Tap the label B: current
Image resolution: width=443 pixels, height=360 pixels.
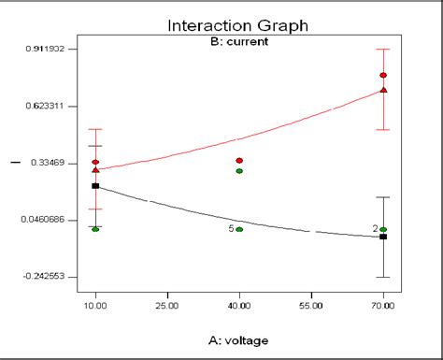coord(239,42)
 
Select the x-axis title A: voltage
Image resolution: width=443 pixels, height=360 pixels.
coord(239,339)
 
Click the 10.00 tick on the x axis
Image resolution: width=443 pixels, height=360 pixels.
coord(95,305)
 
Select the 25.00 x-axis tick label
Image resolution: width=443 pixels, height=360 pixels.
coord(167,305)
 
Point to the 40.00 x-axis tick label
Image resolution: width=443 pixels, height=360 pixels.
coord(239,305)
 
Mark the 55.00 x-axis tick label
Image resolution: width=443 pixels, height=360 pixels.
coord(311,305)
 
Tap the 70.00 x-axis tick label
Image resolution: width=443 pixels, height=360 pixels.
coord(383,305)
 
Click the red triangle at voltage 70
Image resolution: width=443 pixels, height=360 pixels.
coord(383,90)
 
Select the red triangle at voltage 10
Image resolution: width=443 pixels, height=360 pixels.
coord(95,170)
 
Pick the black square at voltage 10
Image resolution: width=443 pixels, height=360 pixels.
coord(95,186)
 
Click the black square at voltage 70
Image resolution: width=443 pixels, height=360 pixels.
coord(383,237)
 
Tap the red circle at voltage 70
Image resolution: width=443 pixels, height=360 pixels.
coord(383,75)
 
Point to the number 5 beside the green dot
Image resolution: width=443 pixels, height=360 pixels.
coord(231,229)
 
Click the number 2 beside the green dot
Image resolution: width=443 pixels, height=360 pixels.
coord(375,228)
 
